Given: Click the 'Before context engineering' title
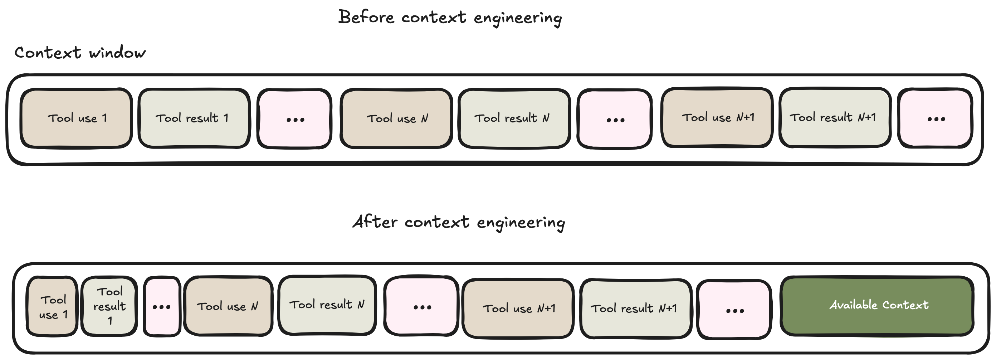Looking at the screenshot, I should [450, 18].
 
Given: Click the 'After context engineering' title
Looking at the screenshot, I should [459, 222].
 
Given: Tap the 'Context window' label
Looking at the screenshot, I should [80, 53].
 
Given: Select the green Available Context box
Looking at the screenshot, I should [877, 306].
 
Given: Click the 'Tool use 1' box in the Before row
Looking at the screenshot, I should [77, 118].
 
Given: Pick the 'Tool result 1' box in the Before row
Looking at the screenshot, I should [193, 118].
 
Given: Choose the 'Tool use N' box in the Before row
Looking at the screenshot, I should [397, 118].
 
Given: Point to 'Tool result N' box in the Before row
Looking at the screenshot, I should [514, 118].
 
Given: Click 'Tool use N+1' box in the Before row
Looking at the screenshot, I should [717, 117].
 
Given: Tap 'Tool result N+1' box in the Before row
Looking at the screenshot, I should [834, 117].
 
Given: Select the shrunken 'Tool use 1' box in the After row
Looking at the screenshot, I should [53, 307].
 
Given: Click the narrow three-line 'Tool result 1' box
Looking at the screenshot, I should [109, 306].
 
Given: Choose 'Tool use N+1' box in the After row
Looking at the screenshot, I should [518, 308].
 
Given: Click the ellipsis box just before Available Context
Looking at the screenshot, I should [734, 310].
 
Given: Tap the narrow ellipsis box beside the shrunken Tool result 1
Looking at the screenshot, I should [162, 307].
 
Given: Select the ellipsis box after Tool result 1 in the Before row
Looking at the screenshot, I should [295, 119].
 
